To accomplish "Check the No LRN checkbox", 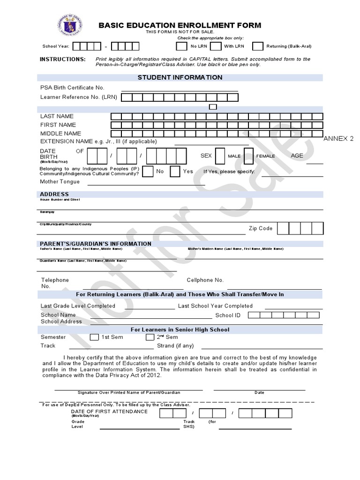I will click(x=181, y=46).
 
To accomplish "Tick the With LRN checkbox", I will click(x=216, y=46).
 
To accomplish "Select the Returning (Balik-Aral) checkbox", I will click(x=257, y=46).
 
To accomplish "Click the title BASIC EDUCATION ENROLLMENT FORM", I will click(x=180, y=25).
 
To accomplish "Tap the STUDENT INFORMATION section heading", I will click(x=180, y=77).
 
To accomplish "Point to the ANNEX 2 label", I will click(x=338, y=139).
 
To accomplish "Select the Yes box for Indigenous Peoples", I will click(x=175, y=172).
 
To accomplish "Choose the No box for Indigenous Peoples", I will click(x=148, y=172).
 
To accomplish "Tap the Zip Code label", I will click(x=260, y=229).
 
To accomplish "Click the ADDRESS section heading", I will click(x=54, y=194).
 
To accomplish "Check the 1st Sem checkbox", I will click(x=94, y=337).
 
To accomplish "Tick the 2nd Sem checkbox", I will click(x=150, y=337).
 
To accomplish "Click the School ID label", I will click(x=227, y=315).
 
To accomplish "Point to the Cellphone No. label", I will click(x=205, y=280).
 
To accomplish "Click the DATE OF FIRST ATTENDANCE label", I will click(x=109, y=412).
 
